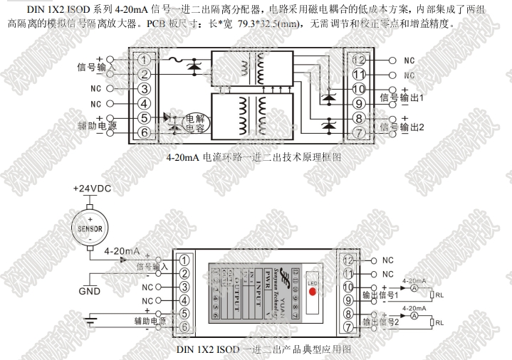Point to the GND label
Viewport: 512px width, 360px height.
[x=90, y=290]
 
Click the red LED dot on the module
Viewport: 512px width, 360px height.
[x=312, y=292]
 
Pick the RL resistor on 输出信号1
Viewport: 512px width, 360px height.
[x=432, y=293]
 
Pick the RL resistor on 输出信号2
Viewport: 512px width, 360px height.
[x=432, y=322]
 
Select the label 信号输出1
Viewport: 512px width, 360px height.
[x=402, y=97]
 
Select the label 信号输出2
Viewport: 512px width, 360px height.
[x=402, y=127]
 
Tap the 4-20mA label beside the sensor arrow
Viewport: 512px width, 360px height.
[x=122, y=251]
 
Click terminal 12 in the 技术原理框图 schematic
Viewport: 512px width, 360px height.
[x=359, y=60]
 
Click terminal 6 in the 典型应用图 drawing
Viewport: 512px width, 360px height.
[x=184, y=327]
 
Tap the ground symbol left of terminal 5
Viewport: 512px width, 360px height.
[x=90, y=317]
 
